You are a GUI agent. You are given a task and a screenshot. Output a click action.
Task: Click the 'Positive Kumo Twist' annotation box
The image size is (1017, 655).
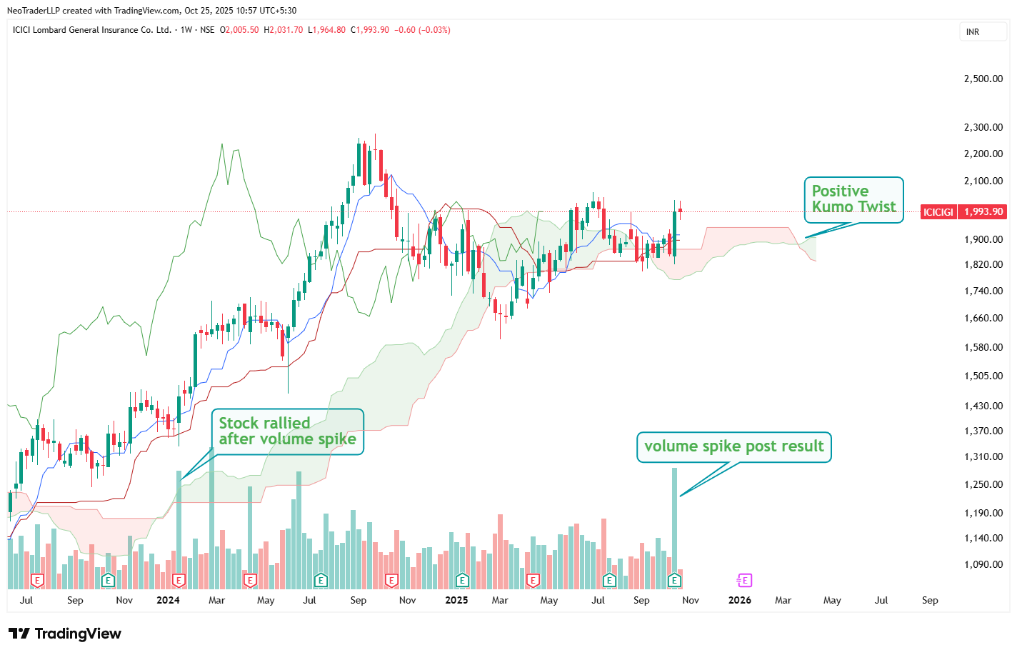click(x=853, y=199)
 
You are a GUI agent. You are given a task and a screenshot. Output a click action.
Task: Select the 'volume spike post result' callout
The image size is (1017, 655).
click(x=733, y=446)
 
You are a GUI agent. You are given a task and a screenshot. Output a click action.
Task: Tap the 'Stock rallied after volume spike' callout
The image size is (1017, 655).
click(x=287, y=431)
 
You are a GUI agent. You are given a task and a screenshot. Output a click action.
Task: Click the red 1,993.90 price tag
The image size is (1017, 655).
click(x=983, y=211)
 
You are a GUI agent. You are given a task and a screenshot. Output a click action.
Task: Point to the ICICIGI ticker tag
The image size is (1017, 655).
click(x=938, y=212)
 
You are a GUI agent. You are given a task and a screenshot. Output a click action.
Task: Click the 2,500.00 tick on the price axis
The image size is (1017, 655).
click(x=983, y=79)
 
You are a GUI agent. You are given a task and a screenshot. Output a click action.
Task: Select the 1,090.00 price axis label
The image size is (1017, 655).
click(x=983, y=564)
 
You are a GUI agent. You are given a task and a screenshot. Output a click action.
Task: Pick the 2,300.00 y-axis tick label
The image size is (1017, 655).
click(x=983, y=127)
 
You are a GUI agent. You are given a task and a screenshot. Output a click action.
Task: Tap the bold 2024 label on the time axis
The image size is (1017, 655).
click(x=168, y=600)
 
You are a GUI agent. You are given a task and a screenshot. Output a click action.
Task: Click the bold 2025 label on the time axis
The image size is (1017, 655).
click(x=456, y=600)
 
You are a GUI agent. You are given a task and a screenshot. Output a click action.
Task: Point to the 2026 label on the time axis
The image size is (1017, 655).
click(x=739, y=600)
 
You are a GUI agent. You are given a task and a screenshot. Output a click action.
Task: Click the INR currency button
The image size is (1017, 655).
click(x=973, y=32)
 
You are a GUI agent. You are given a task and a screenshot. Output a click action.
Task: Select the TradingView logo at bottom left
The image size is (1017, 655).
click(x=65, y=634)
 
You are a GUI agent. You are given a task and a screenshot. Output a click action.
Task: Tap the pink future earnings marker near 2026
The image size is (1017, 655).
click(x=744, y=580)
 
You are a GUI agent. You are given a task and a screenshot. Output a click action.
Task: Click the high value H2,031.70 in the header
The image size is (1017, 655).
click(x=284, y=30)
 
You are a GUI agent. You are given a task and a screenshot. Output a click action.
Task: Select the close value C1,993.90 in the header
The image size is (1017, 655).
click(x=370, y=30)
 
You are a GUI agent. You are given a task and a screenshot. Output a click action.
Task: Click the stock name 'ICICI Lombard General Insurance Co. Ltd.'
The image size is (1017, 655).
click(x=92, y=30)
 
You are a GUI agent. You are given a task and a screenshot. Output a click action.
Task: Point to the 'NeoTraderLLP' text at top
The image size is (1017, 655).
click(x=33, y=11)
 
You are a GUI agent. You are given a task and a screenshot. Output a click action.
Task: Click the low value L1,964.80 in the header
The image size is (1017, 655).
click(x=326, y=30)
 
